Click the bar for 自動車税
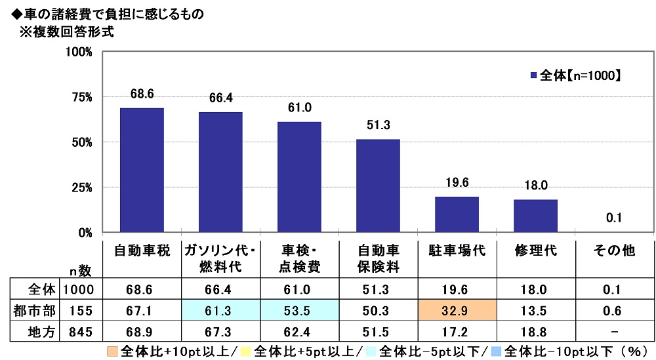tap(141, 170)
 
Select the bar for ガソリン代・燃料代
tap(220, 172)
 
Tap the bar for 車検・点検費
tap(299, 176)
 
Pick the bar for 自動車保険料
tap(378, 186)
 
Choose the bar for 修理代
tap(535, 216)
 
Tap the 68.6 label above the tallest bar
tap(141, 94)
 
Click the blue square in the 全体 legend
tap(533, 75)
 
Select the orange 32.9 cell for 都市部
tap(457, 308)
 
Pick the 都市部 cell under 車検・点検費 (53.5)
tap(299, 308)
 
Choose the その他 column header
tap(614, 251)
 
